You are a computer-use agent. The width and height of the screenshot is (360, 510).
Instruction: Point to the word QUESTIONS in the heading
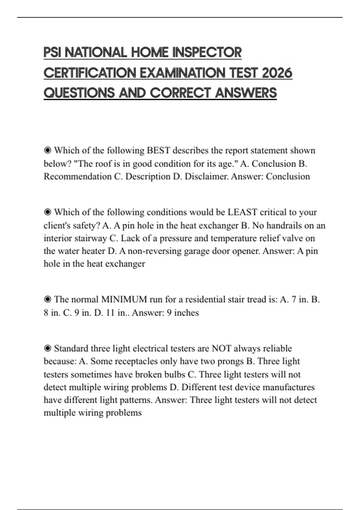click(79, 93)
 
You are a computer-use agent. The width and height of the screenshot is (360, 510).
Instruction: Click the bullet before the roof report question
click(47, 150)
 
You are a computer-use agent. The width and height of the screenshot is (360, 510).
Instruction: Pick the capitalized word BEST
click(158, 150)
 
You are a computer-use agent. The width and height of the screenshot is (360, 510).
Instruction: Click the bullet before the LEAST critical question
click(47, 212)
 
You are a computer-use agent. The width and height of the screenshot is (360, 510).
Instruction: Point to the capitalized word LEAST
click(242, 212)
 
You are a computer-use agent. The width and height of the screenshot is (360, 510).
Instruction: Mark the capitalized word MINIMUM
click(124, 299)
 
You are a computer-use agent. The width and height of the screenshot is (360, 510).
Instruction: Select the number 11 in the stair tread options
click(110, 313)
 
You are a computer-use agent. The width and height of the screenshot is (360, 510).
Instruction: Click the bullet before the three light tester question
click(47, 348)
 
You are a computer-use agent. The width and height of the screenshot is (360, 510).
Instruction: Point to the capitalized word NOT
click(221, 348)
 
